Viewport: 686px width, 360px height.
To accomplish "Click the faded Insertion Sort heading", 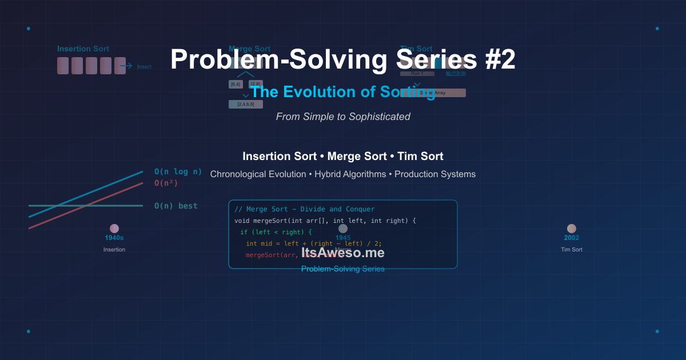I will (x=83, y=49).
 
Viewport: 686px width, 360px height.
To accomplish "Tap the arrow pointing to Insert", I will (x=126, y=66).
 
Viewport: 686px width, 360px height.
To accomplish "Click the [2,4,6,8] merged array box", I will (x=246, y=105).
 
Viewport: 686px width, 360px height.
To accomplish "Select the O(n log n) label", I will (x=178, y=171).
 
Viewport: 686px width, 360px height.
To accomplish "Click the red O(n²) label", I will (x=166, y=183).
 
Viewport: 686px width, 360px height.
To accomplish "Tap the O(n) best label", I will (x=176, y=206).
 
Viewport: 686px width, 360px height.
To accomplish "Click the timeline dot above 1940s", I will (x=114, y=229).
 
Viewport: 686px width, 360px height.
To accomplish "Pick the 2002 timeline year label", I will (x=572, y=238).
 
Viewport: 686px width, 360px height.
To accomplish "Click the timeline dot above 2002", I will (x=572, y=229).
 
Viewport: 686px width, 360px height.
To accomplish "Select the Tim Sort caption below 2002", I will (x=572, y=250).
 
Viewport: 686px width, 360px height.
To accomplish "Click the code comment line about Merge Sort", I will (x=305, y=209).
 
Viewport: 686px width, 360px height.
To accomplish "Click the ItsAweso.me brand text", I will (x=343, y=253).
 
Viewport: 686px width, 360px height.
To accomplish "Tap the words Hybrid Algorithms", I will (x=350, y=174).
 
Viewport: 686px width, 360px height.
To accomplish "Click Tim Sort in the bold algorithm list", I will (x=420, y=156).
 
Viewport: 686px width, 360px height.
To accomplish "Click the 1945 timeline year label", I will (x=343, y=238).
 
